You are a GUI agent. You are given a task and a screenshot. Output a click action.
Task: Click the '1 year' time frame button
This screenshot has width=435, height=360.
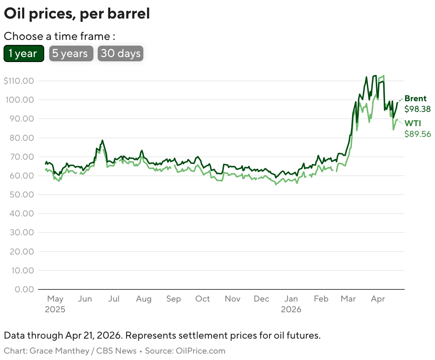24,53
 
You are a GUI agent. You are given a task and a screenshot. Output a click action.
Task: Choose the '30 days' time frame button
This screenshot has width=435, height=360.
121,53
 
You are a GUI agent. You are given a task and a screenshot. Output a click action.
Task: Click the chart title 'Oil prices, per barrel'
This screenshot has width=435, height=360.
77,14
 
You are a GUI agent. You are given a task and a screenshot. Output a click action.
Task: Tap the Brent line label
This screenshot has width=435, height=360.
415,99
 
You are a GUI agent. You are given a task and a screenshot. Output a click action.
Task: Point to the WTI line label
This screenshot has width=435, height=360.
413,123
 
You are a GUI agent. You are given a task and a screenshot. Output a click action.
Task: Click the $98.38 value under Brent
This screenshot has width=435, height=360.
418,109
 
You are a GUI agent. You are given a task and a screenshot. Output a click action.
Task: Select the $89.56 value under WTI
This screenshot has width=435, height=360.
418,134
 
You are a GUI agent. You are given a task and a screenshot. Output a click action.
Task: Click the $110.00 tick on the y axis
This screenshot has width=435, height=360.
19,81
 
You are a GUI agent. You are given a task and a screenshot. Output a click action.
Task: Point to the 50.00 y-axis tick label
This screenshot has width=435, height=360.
20,195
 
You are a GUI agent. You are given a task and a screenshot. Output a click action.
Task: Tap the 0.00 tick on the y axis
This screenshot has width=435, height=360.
24,289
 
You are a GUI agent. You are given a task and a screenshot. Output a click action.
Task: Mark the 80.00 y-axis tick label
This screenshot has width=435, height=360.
20,138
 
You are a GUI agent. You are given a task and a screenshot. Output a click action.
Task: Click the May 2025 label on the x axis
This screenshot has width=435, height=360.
55,304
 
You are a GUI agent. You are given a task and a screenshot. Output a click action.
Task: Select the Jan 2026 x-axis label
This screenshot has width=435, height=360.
291,304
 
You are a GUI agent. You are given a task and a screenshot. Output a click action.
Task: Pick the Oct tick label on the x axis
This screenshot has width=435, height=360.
203,299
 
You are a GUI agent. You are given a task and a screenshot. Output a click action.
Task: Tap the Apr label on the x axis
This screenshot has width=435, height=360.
378,299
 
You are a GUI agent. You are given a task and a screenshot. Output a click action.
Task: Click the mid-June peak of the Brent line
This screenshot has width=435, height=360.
102,140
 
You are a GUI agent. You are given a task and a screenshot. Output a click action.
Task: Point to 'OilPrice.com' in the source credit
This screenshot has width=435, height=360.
200,351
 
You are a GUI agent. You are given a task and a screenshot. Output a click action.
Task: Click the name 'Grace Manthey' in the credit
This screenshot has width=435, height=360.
59,351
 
